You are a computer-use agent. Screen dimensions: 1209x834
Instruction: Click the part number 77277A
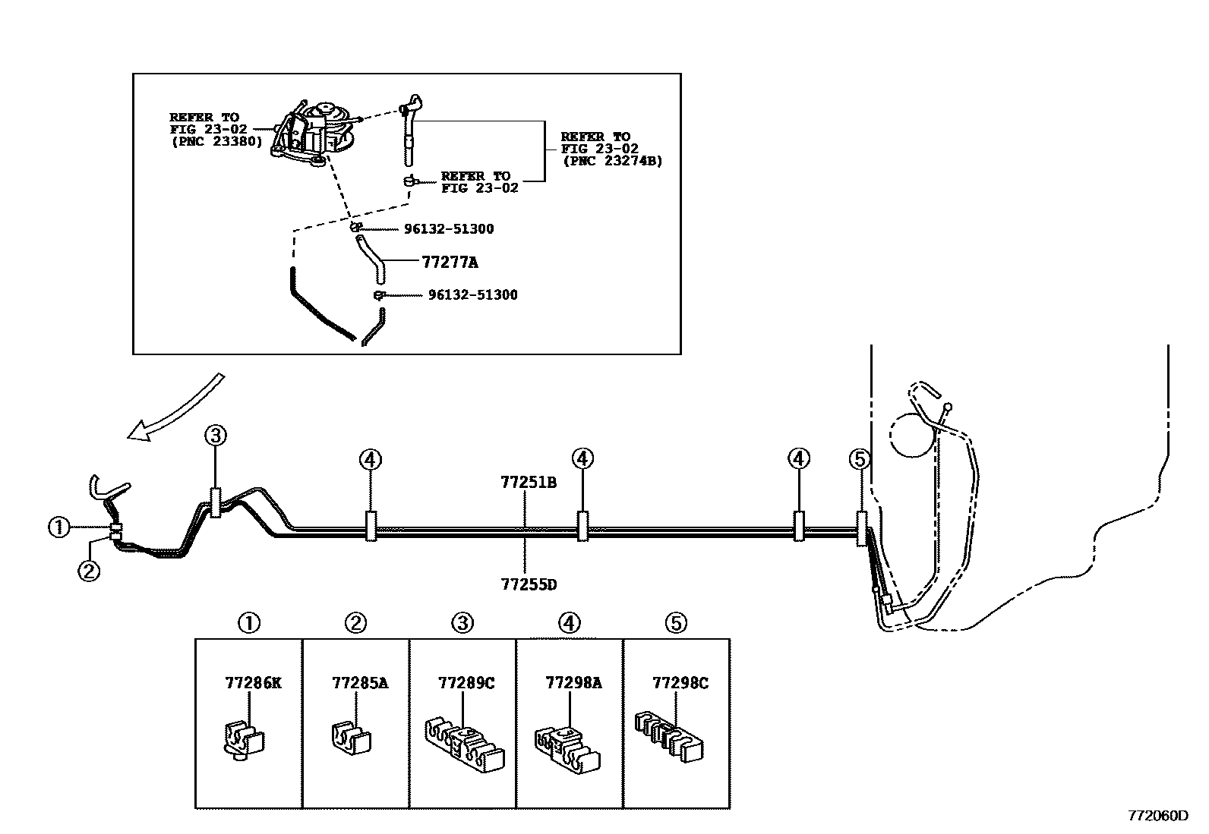450,263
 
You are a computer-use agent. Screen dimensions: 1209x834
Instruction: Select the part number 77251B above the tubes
529,483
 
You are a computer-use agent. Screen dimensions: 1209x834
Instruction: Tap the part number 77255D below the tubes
529,585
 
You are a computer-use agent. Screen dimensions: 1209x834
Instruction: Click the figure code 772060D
1158,816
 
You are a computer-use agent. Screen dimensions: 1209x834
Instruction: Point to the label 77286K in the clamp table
253,683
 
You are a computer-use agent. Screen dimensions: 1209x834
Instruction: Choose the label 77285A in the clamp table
360,683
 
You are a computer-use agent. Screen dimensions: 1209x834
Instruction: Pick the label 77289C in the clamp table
466,683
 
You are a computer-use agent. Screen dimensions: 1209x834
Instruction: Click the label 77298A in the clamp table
573,683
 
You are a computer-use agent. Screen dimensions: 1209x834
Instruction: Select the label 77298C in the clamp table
680,683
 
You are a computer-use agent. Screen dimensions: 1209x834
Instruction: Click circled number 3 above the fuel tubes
216,435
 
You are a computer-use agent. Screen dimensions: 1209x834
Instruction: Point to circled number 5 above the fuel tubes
859,460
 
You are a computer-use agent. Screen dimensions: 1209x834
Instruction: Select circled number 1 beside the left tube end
59,527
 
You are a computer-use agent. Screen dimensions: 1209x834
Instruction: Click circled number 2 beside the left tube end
89,571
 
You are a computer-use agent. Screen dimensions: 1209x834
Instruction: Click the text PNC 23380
217,142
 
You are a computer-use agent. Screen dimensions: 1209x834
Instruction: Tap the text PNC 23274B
613,161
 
